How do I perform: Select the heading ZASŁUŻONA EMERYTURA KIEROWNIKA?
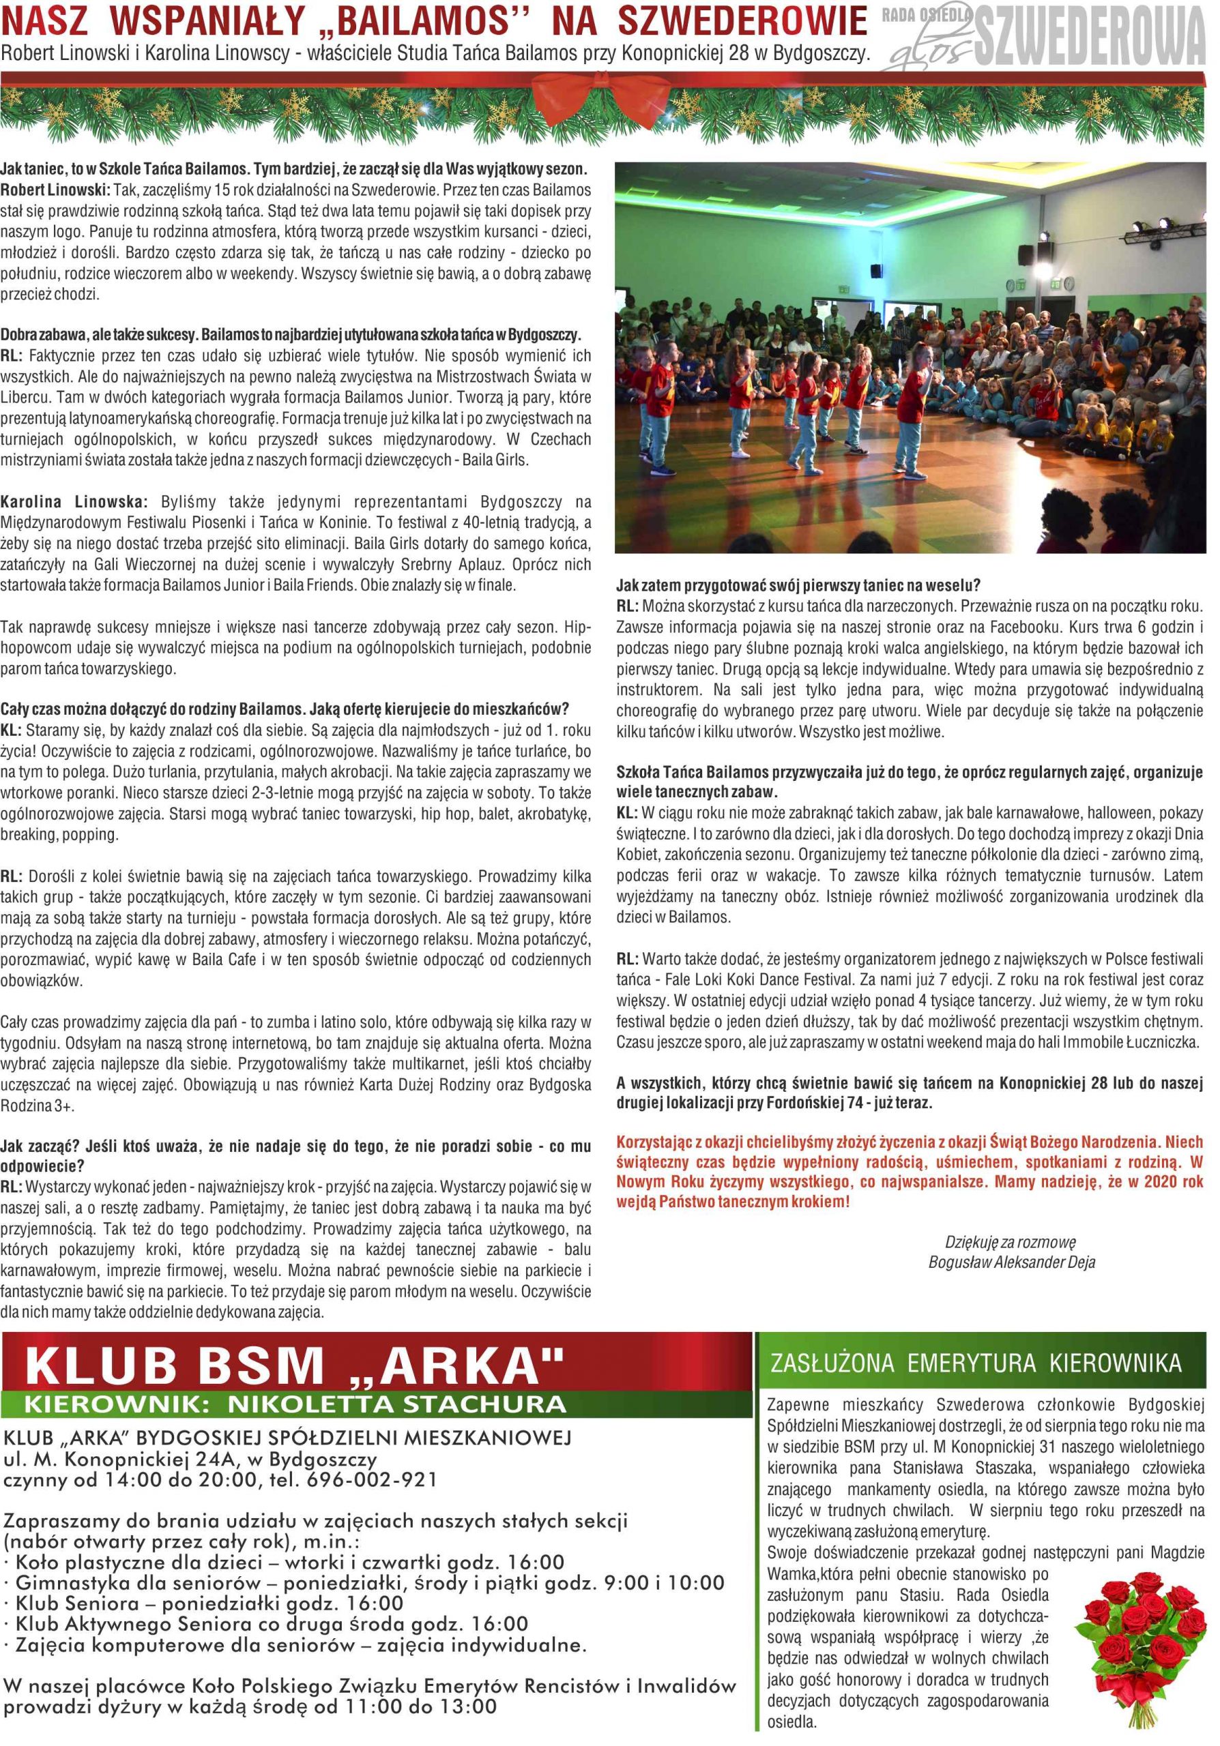tap(976, 1362)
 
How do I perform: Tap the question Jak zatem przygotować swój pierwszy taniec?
tap(798, 586)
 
